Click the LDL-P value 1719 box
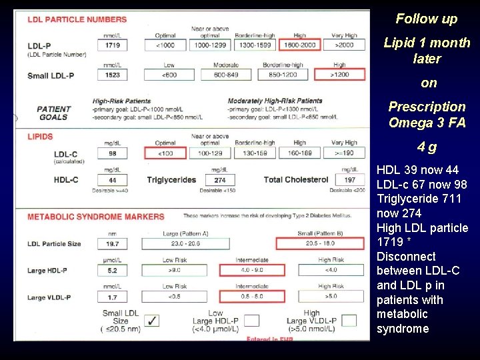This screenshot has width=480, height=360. coord(111,45)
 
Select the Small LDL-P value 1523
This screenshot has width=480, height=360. coord(111,75)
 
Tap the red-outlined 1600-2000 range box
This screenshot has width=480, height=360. coord(300,45)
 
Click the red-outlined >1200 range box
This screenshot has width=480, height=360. coord(339,75)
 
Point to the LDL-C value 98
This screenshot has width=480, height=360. coord(111,153)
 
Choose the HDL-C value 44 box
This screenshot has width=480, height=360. coord(111,180)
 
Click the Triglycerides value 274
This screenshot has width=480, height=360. coord(219,180)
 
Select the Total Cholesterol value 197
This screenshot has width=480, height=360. coord(350,180)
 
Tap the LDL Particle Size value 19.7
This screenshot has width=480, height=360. coord(111,243)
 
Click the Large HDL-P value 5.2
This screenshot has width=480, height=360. coord(111,271)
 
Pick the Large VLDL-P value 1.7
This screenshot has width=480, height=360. coord(111,297)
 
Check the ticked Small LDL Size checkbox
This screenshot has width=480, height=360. coord(152,321)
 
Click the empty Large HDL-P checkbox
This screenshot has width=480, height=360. coord(251,321)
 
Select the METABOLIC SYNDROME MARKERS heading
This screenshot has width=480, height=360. coord(95,217)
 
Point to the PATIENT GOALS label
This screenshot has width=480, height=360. coord(54,113)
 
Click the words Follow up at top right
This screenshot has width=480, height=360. coord(427,19)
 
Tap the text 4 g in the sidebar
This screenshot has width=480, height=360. coord(427,147)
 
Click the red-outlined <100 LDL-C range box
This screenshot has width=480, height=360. coord(165,153)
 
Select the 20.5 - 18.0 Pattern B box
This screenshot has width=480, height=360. coord(320,243)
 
